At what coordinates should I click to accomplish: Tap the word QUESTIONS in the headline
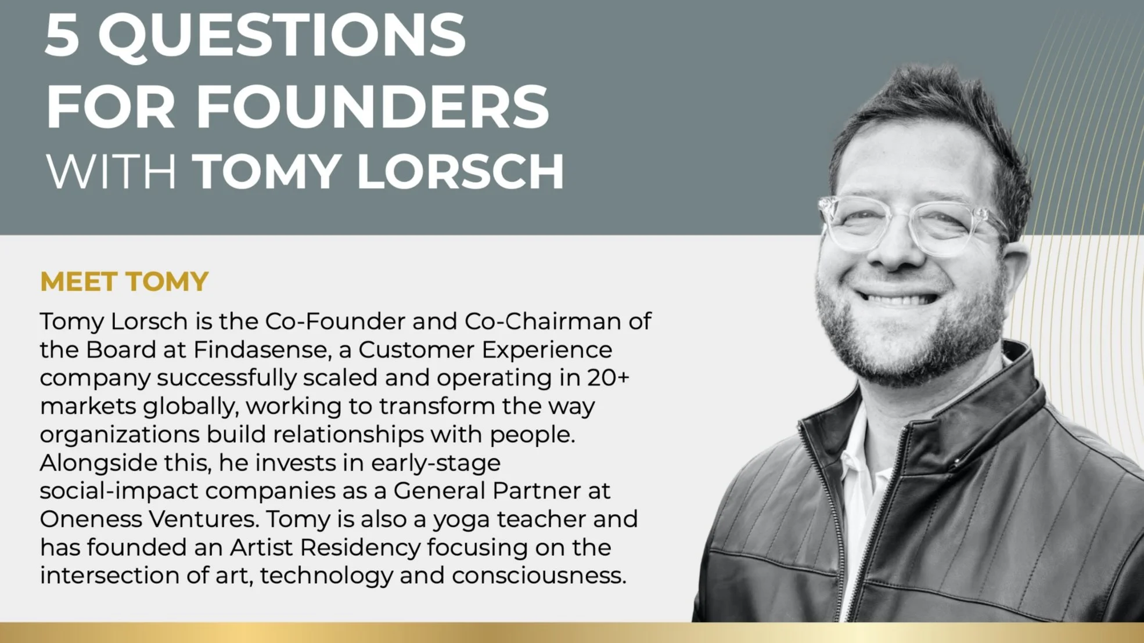coord(282,36)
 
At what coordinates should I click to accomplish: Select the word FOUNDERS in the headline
coord(372,107)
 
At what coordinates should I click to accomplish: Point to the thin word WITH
coord(110,171)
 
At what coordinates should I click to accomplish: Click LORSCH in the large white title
coord(460,171)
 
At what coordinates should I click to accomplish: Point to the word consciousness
coord(539,576)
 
